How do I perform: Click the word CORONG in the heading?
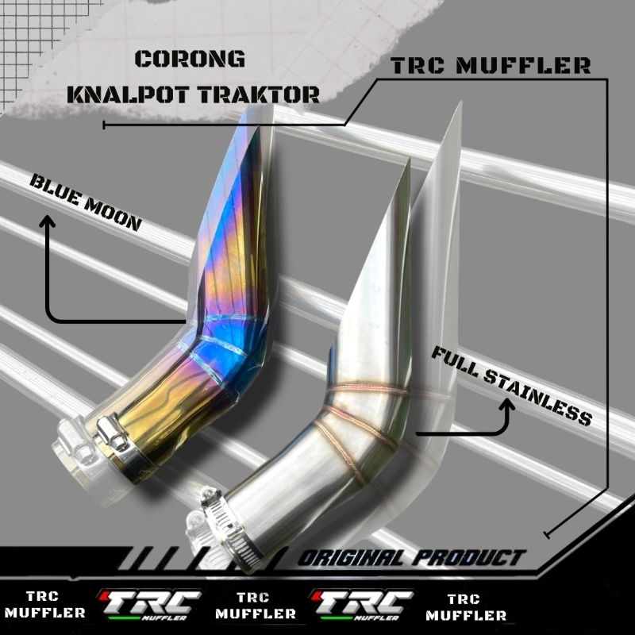[x=190, y=59]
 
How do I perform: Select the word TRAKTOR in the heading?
[x=260, y=94]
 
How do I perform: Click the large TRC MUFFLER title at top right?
[x=491, y=66]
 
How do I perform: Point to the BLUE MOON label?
[x=86, y=202]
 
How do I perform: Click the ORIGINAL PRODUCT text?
[x=412, y=558]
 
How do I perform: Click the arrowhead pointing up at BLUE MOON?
[x=48, y=221]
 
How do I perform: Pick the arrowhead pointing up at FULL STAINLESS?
[x=507, y=405]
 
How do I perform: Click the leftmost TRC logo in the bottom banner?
[x=150, y=604]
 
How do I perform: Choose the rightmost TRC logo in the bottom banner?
[x=362, y=604]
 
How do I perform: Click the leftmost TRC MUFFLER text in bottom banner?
[x=44, y=604]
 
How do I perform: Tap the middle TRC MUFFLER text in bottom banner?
[x=255, y=605]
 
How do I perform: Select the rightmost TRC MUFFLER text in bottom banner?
[x=466, y=606]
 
